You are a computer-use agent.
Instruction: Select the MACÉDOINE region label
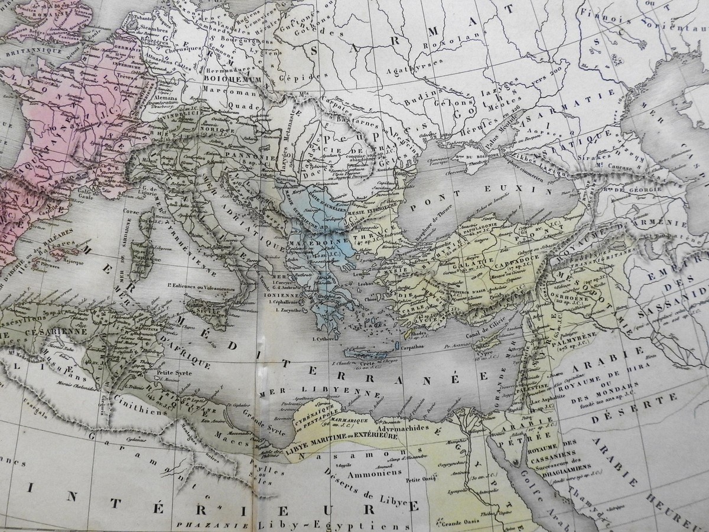(311, 243)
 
